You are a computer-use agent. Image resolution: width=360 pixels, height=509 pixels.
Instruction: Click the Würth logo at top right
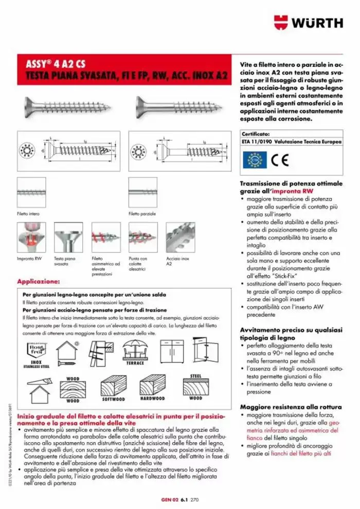tap(308, 23)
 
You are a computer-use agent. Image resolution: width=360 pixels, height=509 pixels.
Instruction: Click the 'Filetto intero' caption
tap(28, 213)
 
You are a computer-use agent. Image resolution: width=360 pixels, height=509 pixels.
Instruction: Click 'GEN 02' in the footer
tap(169, 499)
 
